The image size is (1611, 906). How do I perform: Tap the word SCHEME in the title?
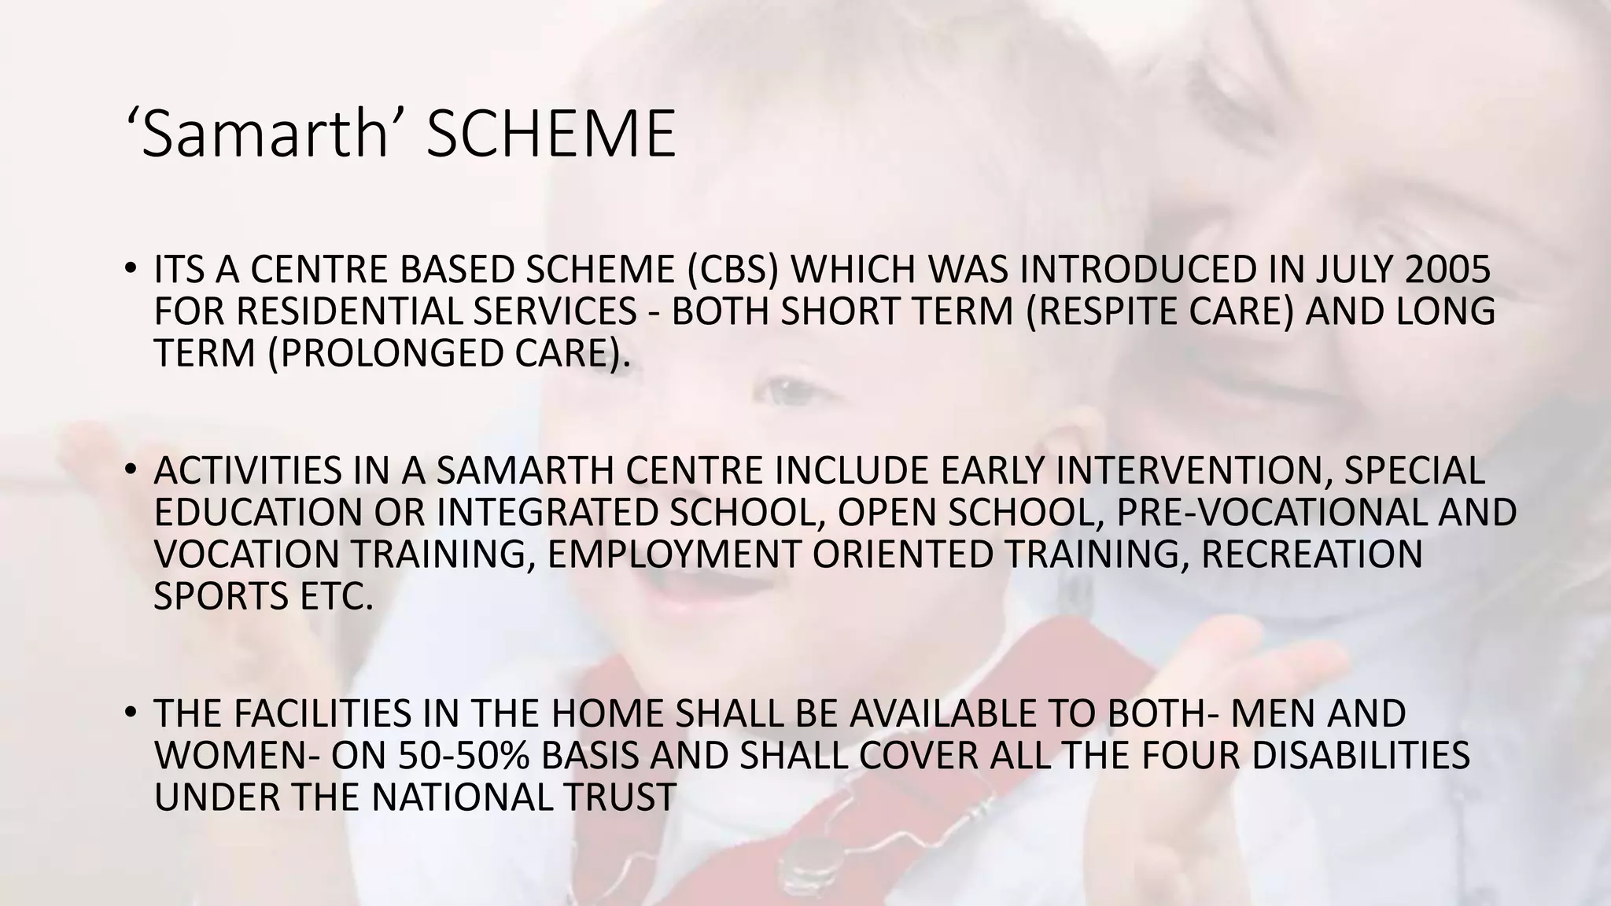point(550,134)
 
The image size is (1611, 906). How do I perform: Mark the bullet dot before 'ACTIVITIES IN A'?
point(131,470)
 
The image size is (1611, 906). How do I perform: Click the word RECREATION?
point(1313,554)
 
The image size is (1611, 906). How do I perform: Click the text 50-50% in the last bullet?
point(464,756)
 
